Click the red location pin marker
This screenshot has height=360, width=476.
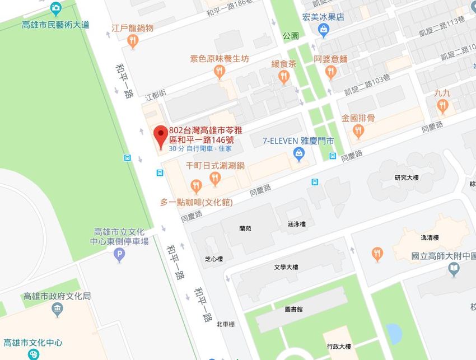160,134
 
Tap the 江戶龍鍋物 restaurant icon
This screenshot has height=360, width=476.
132,40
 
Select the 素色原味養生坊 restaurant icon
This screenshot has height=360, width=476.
219,71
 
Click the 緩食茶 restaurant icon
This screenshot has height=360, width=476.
284,77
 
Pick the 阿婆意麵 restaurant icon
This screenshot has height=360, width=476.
331,71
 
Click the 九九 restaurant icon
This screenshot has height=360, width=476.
444,106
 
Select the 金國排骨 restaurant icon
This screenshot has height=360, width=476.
358,131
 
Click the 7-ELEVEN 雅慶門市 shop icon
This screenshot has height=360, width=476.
300,153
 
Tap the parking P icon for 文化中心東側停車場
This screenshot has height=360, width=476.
119,256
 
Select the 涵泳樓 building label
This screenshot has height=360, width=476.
296,223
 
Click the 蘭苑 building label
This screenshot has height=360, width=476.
245,228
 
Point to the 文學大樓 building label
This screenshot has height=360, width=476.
286,267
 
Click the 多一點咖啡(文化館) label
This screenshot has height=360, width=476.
196,202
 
